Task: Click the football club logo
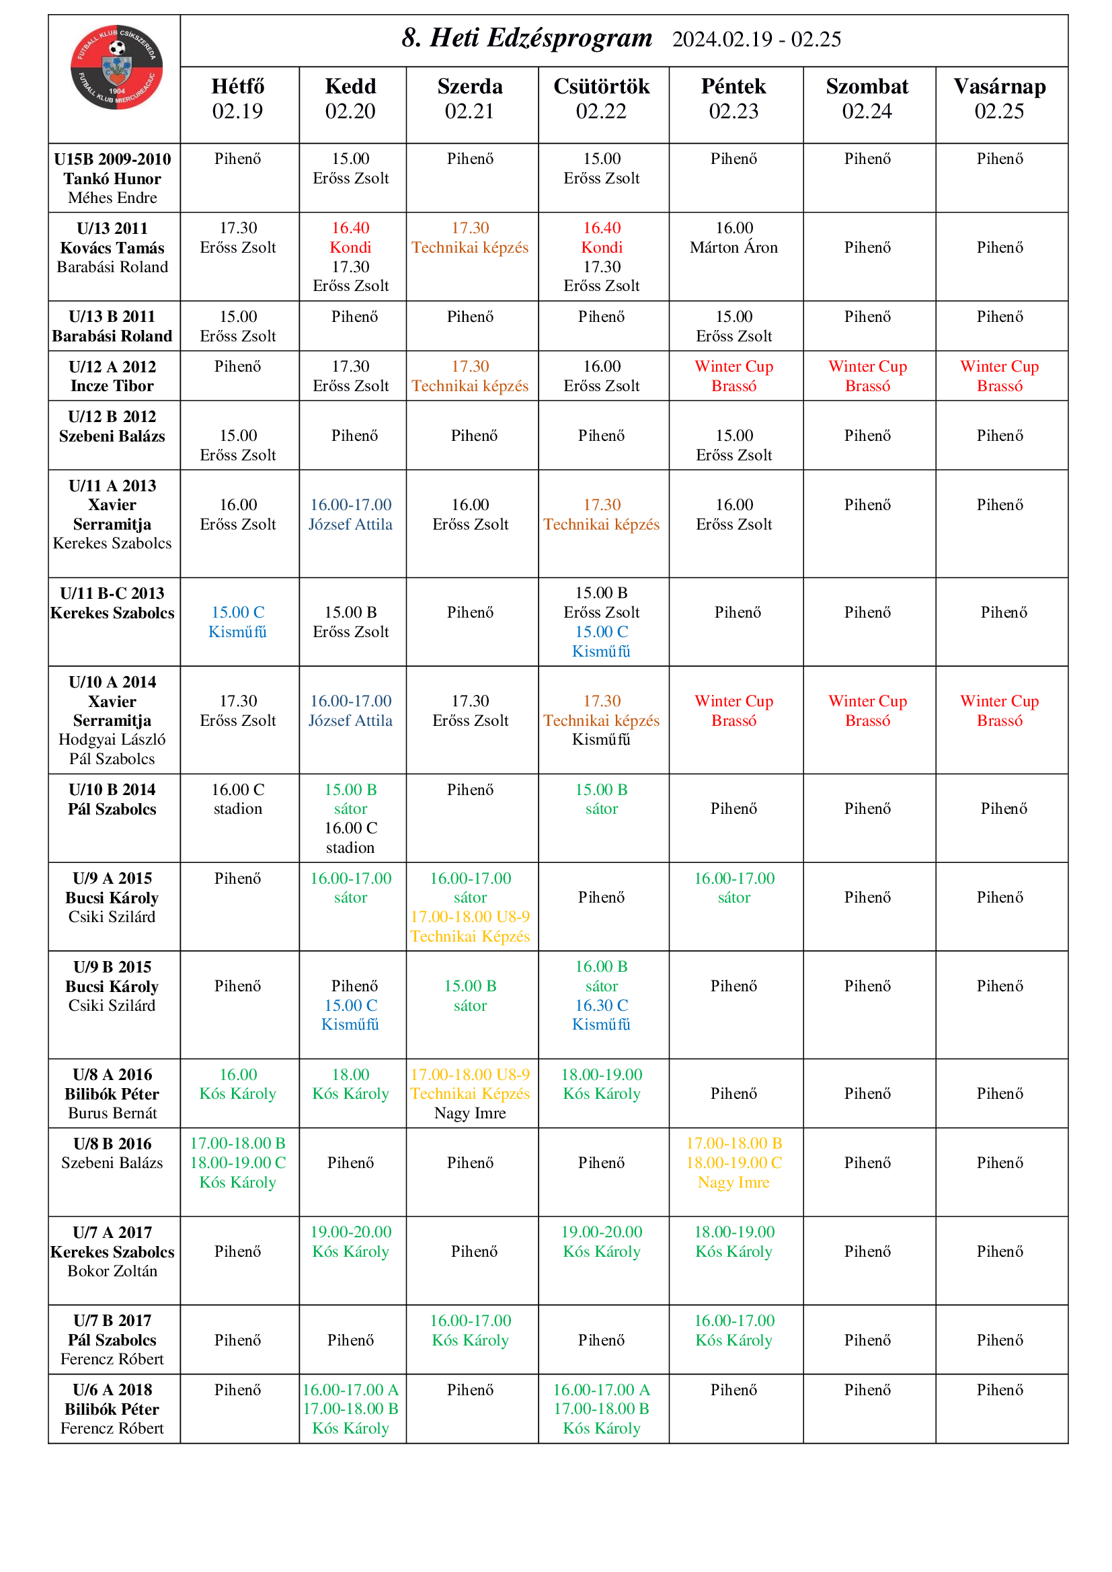(x=116, y=67)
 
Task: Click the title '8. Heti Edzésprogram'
(x=526, y=38)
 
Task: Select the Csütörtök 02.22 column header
(x=601, y=99)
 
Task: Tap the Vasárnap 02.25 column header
(x=999, y=99)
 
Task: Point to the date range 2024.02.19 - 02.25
(x=756, y=40)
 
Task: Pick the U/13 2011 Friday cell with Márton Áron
(x=733, y=237)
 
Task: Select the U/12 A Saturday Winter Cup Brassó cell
(x=867, y=376)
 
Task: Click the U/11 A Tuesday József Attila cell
(x=350, y=514)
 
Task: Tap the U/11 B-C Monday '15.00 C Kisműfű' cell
(x=237, y=622)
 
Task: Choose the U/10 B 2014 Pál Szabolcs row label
(x=112, y=799)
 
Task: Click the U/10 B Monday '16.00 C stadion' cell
(x=237, y=799)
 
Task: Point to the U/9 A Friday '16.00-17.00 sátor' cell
(x=733, y=887)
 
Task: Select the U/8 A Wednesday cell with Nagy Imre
(x=470, y=1093)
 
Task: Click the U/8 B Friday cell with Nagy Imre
(x=733, y=1163)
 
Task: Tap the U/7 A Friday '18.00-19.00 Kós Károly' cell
(x=733, y=1241)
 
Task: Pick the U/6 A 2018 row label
(x=112, y=1409)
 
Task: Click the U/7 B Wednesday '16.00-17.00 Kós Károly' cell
(x=470, y=1329)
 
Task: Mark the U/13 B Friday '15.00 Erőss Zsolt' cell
(x=733, y=326)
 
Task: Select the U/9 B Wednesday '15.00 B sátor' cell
(x=470, y=995)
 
